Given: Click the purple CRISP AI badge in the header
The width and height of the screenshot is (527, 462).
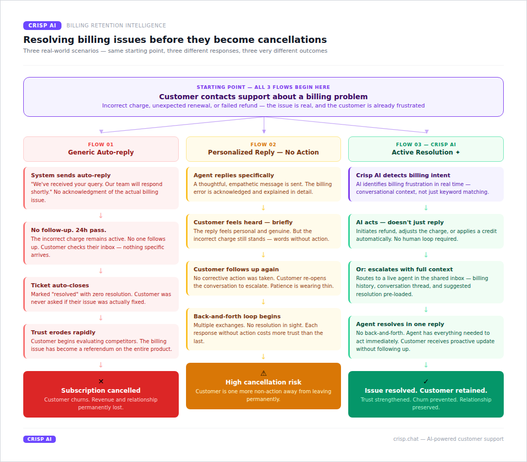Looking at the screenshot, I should (42, 25).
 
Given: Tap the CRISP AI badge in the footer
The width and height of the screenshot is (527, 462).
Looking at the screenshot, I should (39, 439).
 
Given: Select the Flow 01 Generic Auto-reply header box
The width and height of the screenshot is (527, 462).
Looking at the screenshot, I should (101, 149).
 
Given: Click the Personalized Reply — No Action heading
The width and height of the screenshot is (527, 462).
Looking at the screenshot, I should (263, 152).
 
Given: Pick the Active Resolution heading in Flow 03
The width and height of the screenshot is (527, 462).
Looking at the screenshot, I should (426, 152).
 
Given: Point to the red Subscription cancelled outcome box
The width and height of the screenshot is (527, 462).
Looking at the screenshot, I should (101, 394).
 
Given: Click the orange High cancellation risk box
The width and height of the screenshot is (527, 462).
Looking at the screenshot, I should (263, 386).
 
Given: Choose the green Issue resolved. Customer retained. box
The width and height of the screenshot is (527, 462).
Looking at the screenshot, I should (426, 394).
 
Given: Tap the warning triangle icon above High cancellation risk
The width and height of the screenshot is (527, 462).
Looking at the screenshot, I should (263, 373).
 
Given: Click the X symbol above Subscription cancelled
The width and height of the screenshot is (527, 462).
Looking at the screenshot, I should (101, 381).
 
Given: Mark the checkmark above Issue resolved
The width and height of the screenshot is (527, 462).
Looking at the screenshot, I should (426, 381).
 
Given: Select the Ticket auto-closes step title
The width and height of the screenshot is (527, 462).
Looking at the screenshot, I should (60, 285).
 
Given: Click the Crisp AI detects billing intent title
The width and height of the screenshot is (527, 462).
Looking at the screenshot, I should (403, 175).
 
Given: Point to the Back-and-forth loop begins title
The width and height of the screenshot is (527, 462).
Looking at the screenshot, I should (237, 316).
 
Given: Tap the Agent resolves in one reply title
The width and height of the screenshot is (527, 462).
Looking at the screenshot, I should (400, 325).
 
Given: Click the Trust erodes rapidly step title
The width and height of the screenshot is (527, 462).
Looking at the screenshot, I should (63, 332).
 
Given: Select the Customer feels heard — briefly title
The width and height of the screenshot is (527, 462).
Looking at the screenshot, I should (243, 222).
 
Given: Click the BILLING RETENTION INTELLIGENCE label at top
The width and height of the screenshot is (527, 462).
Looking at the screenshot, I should (116, 25).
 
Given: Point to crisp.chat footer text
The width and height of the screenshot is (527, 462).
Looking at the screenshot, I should (448, 439).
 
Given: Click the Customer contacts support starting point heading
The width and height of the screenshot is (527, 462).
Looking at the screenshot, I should (263, 97).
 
